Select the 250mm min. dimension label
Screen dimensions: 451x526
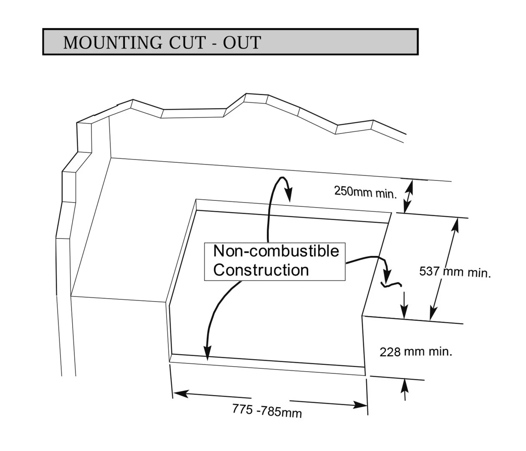[365, 192]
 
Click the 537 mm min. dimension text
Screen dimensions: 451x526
[455, 272]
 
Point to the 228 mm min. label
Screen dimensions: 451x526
[416, 352]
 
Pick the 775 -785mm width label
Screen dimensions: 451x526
[267, 411]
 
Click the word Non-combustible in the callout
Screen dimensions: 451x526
[276, 251]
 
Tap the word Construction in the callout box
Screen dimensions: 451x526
[261, 270]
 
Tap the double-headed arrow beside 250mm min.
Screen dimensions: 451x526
[408, 196]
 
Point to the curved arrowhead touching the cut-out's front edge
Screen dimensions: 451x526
[206, 353]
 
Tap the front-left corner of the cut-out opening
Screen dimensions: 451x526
[171, 358]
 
